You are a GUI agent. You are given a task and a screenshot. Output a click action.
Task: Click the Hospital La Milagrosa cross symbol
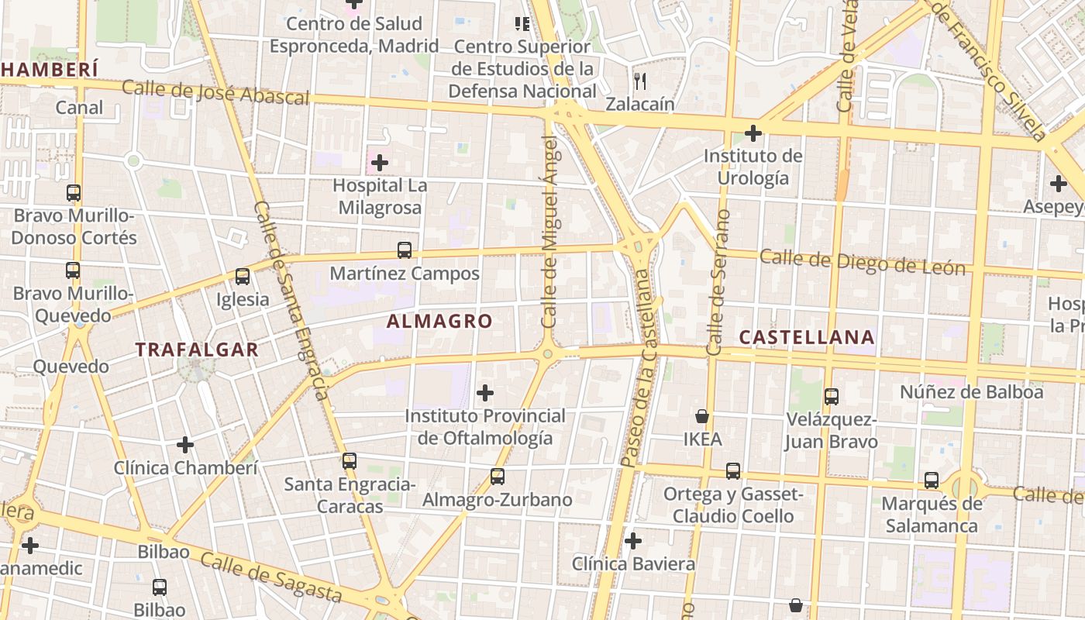380,163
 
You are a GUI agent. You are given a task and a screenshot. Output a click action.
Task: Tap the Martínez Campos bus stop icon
405,250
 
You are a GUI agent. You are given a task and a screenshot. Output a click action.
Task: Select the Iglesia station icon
243,277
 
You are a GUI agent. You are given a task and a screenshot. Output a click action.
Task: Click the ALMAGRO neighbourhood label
439,321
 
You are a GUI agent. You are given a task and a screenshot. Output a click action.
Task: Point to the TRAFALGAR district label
197,350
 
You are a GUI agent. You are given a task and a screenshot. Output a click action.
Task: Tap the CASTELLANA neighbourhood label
807,337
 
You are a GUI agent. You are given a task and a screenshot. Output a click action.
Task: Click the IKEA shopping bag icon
702,416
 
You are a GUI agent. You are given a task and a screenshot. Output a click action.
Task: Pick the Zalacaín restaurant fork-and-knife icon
640,80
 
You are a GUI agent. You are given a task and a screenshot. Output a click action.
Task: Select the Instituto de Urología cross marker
753,133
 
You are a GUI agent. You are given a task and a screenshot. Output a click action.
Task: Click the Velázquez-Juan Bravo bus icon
832,397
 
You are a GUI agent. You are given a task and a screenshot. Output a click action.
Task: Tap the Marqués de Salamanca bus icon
932,480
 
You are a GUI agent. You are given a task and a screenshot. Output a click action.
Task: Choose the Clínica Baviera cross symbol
633,540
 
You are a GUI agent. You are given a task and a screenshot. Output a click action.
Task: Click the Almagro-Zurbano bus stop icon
498,477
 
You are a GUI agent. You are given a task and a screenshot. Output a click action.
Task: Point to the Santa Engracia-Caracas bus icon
350,461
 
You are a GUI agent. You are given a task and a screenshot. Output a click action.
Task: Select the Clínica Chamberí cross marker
185,445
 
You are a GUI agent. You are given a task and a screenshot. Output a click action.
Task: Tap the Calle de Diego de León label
863,262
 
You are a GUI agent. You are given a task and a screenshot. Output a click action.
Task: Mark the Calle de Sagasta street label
270,577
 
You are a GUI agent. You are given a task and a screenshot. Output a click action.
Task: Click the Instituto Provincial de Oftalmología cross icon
485,393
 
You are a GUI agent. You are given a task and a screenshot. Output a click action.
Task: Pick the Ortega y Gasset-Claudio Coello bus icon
733,471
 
